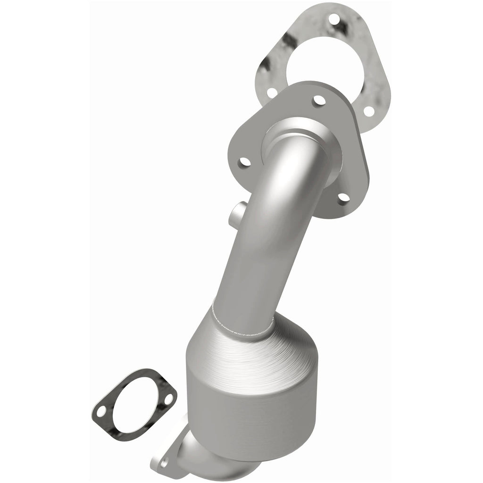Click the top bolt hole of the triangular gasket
335,20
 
